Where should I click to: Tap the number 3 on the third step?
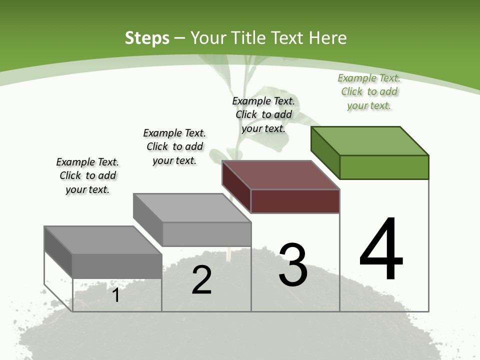pos(293,265)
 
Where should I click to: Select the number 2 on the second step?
pos(201,279)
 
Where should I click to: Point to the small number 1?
pos(116,295)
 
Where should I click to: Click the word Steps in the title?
pos(147,38)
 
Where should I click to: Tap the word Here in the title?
pos(328,38)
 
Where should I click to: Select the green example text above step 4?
pos(369,92)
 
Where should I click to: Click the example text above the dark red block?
pos(263,114)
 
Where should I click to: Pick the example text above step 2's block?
pos(174,146)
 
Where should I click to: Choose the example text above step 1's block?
pos(87,175)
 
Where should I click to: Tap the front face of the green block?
pos(384,167)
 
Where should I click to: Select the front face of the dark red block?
pos(295,201)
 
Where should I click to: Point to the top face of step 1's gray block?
pos(103,240)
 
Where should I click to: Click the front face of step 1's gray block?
pos(117,266)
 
